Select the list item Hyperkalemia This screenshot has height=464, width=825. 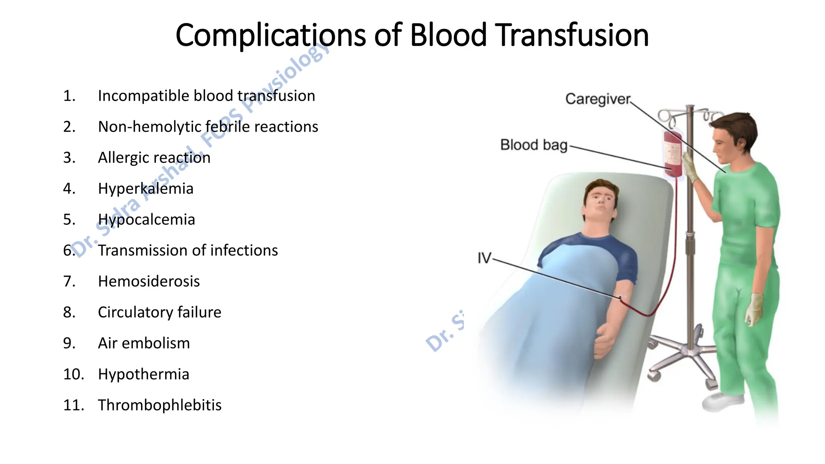point(145,188)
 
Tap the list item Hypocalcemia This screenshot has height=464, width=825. point(146,220)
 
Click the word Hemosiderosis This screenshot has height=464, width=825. point(149,281)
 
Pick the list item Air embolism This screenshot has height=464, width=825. point(144,343)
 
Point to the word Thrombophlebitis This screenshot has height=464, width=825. point(160,405)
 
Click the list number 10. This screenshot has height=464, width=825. point(73,374)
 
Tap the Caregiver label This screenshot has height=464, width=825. point(597,99)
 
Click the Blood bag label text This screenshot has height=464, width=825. point(533,145)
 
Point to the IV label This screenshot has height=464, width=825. point(484,258)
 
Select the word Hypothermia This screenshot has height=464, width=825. point(143,374)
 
